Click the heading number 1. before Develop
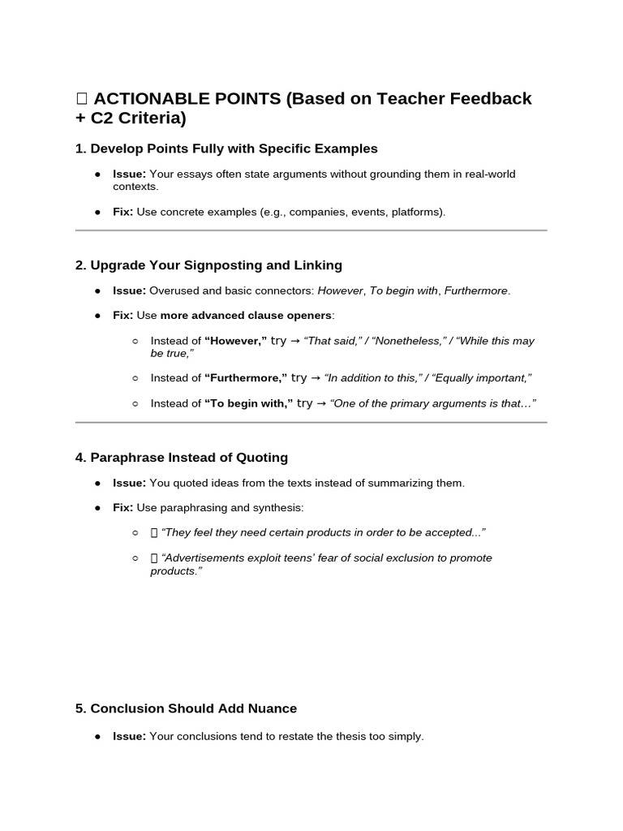pyautogui.click(x=80, y=149)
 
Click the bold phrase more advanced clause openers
pyautogui.click(x=246, y=315)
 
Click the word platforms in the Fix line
pyautogui.click(x=417, y=213)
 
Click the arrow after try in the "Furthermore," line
pyautogui.click(x=315, y=378)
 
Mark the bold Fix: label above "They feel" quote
pyautogui.click(x=122, y=508)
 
